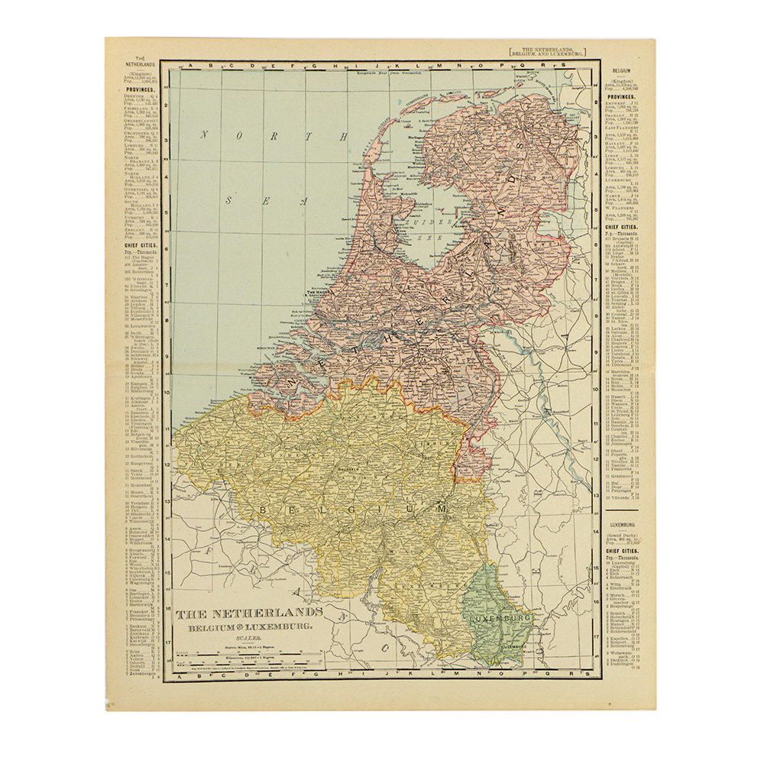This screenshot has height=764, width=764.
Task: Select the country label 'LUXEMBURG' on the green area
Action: [x=500, y=617]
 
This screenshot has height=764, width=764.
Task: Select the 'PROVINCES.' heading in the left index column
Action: [x=141, y=89]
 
